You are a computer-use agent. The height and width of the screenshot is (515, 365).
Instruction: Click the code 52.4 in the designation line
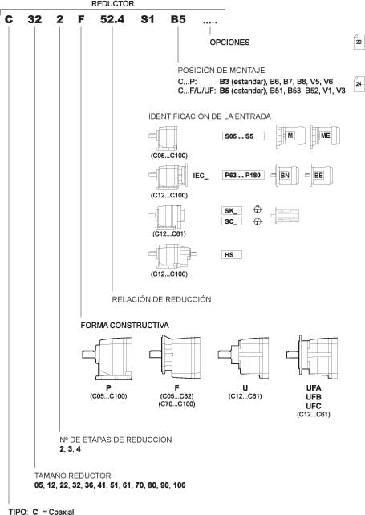[x=112, y=19]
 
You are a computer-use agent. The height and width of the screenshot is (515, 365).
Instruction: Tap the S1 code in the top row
[x=148, y=19]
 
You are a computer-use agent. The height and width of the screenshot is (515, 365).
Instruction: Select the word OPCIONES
[x=229, y=43]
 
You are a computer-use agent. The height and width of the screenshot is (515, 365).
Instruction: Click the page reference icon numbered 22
[x=359, y=42]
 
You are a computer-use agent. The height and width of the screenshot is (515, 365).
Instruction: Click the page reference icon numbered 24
[x=359, y=83]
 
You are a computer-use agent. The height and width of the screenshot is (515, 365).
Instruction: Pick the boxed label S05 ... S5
[x=243, y=136]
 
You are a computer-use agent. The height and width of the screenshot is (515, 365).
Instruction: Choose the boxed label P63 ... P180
[x=243, y=175]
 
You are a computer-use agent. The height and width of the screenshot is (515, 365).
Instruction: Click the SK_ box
[x=232, y=210]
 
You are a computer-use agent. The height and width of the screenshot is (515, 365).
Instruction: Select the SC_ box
[x=232, y=221]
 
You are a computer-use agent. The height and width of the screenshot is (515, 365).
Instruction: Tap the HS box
[x=232, y=254]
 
